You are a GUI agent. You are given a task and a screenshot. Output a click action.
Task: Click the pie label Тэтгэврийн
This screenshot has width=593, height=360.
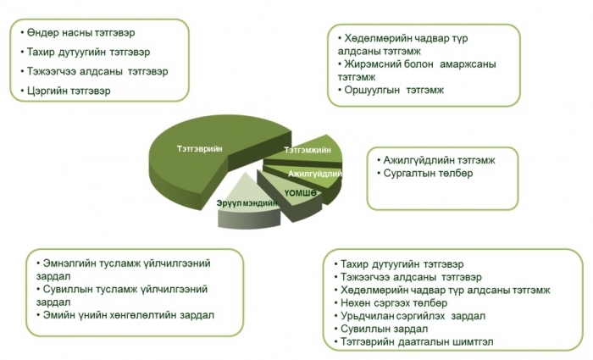coord(200,148)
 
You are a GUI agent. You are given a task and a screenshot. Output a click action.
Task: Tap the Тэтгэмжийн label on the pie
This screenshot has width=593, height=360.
coord(308,150)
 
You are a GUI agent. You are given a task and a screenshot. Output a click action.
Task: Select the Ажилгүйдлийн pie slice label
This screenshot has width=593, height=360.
coord(315,174)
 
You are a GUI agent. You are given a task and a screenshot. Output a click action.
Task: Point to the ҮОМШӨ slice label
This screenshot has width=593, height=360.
coord(300,193)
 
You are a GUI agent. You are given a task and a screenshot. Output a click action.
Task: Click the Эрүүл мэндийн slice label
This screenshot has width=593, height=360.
coord(247,203)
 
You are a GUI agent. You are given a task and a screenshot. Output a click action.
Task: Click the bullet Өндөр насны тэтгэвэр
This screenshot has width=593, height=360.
coord(80,33)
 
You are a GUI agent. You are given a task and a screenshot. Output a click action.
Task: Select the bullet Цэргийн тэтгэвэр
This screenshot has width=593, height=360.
coord(69,91)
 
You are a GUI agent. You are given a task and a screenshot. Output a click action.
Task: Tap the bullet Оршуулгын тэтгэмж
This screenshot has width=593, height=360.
coord(394,90)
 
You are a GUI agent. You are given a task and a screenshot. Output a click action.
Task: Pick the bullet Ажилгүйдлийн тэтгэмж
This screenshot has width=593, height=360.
coord(439,160)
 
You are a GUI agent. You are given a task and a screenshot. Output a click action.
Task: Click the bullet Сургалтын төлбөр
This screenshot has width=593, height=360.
coord(428,173)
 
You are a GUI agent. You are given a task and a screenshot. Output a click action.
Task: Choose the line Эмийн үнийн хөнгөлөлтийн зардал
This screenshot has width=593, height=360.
coord(129,315)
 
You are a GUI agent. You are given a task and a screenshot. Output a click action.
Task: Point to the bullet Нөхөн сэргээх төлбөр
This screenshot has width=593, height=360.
coord(394,303)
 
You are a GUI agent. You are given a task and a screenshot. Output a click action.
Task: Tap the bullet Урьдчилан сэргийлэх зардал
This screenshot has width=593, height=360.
coord(413,316)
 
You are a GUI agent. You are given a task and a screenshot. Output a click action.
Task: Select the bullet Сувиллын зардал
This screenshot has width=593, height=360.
coord(385,329)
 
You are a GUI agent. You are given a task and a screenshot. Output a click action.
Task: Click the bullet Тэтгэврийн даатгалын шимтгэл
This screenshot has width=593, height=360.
coord(417,342)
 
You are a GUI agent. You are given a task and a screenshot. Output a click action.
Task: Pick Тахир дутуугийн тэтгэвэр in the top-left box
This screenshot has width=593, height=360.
coord(88,53)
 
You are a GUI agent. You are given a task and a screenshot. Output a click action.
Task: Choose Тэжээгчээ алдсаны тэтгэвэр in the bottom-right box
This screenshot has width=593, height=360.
coord(411,277)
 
